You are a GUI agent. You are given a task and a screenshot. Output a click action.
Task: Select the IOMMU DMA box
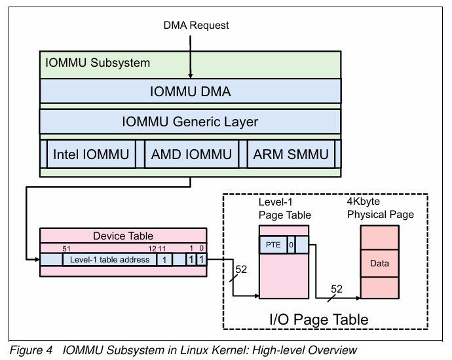(190, 91)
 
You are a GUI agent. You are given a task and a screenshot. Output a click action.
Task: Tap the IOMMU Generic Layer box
(190, 122)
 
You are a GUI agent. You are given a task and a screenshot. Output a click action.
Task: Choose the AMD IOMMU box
(191, 154)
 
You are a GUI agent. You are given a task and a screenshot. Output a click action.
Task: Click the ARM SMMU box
(291, 154)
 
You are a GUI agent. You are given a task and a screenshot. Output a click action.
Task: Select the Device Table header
(124, 236)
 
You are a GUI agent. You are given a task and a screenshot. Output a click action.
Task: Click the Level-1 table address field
(110, 260)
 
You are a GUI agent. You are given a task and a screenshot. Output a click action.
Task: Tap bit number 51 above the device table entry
(66, 248)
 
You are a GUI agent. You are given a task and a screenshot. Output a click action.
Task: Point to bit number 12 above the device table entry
(151, 248)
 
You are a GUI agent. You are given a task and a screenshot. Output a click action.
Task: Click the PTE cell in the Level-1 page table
(273, 245)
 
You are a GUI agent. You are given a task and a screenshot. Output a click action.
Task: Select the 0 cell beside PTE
(291, 245)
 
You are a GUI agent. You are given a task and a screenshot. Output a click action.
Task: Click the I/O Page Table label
(319, 319)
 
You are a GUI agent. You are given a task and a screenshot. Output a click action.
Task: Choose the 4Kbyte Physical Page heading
(380, 209)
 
